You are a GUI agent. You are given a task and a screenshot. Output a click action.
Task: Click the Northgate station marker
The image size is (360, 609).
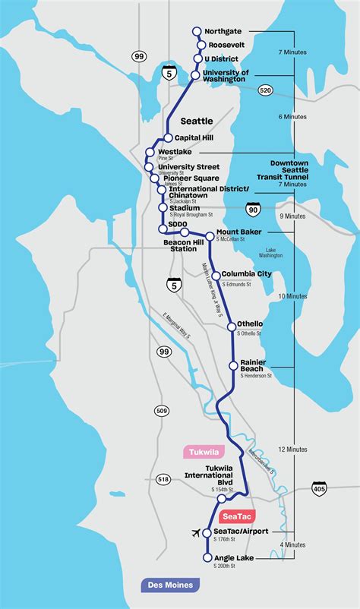coord(197,31)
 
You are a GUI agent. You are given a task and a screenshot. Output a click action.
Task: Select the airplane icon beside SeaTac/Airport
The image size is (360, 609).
coord(199,533)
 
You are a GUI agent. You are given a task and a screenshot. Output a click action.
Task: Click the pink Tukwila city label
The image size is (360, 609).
coord(200,452)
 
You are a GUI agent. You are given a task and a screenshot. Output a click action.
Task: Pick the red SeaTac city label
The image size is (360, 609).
coord(238,516)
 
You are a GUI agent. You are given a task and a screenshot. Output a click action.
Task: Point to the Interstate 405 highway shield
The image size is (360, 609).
coord(318,491)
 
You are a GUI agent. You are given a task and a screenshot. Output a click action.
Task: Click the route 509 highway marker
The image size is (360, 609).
coord(161,412)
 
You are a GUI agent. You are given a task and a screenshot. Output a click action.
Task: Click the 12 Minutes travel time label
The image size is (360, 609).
coord(292,450)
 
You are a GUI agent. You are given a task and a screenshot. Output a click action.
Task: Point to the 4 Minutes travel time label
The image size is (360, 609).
coord(292,544)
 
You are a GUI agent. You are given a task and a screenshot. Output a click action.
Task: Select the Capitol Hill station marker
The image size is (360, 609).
coord(169,138)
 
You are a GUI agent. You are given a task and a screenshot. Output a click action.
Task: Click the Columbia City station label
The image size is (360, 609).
coord(246,274)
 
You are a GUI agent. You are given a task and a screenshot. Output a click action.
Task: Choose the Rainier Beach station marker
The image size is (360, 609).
coord(234,365)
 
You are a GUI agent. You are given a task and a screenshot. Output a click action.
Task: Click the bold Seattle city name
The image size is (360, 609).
coord(197,121)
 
